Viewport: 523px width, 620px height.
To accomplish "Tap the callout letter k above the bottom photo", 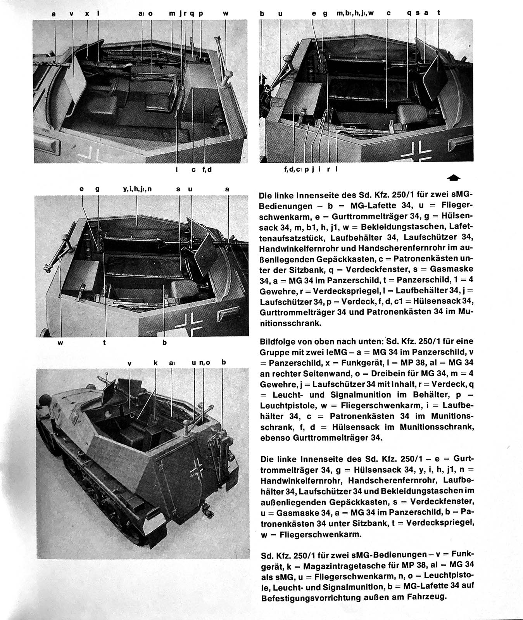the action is (155, 363).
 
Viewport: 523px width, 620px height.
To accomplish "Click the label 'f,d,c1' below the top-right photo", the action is (293, 169).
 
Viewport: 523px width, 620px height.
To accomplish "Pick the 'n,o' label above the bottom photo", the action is (205, 363).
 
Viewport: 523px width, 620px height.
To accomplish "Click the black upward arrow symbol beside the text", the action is (454, 177).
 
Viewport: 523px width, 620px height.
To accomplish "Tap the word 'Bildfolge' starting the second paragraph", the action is (277, 342).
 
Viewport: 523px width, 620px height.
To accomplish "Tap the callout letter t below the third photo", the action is (105, 343).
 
